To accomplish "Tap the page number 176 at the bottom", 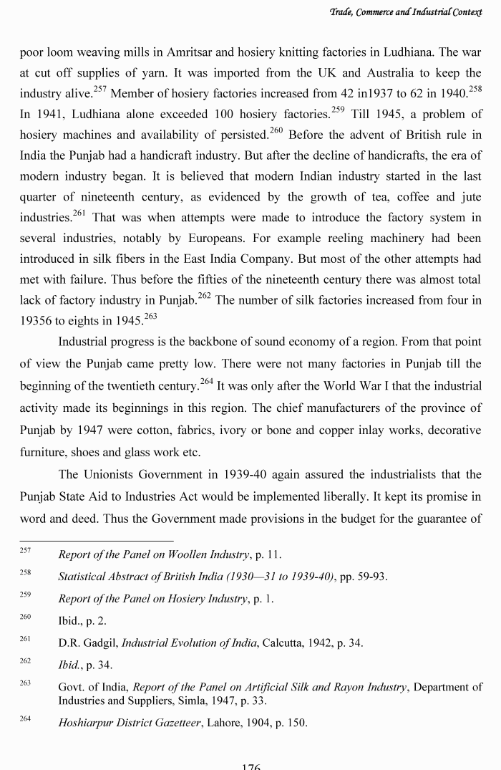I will click(x=250, y=766).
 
